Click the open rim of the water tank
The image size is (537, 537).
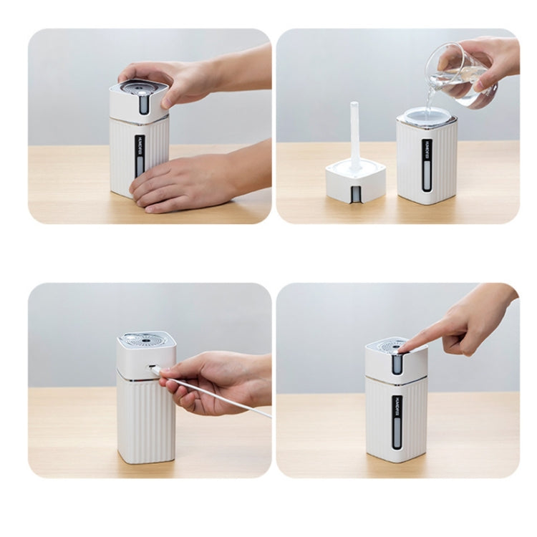[x=427, y=115]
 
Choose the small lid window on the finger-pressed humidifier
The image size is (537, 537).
[x=397, y=364]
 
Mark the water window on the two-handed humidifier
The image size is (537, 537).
[x=140, y=165]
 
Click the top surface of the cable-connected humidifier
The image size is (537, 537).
[x=146, y=340]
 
